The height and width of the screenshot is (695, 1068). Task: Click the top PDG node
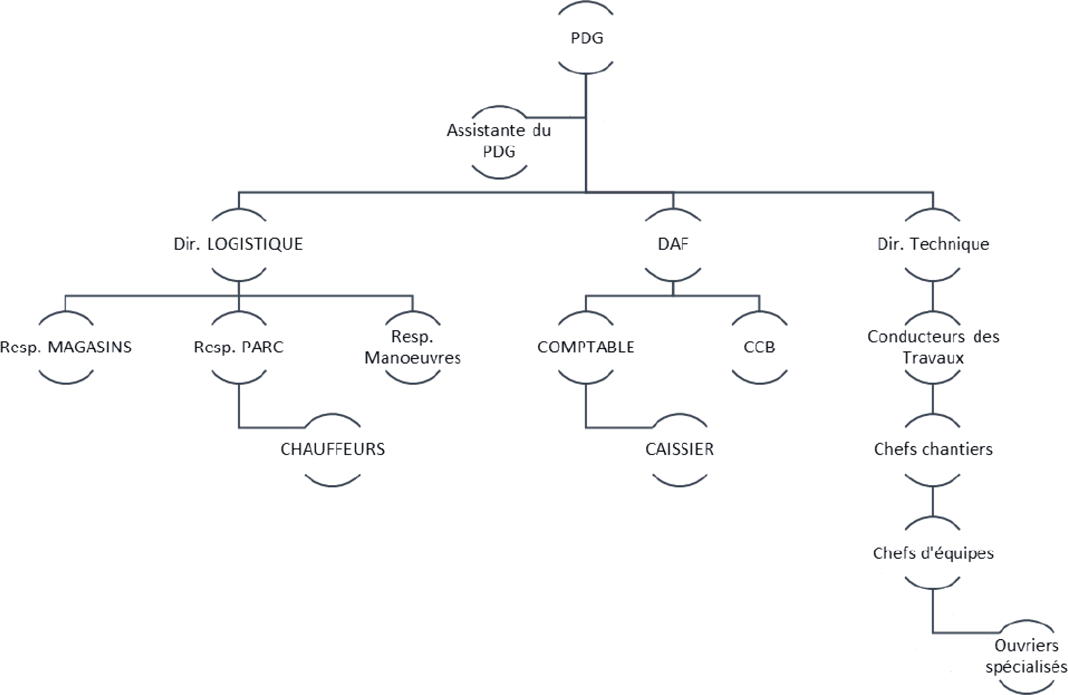point(586,38)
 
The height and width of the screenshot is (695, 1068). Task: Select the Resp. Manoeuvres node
point(413,347)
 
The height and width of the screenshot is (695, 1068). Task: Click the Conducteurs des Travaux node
point(933,347)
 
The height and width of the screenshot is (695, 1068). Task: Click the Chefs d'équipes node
point(933,553)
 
